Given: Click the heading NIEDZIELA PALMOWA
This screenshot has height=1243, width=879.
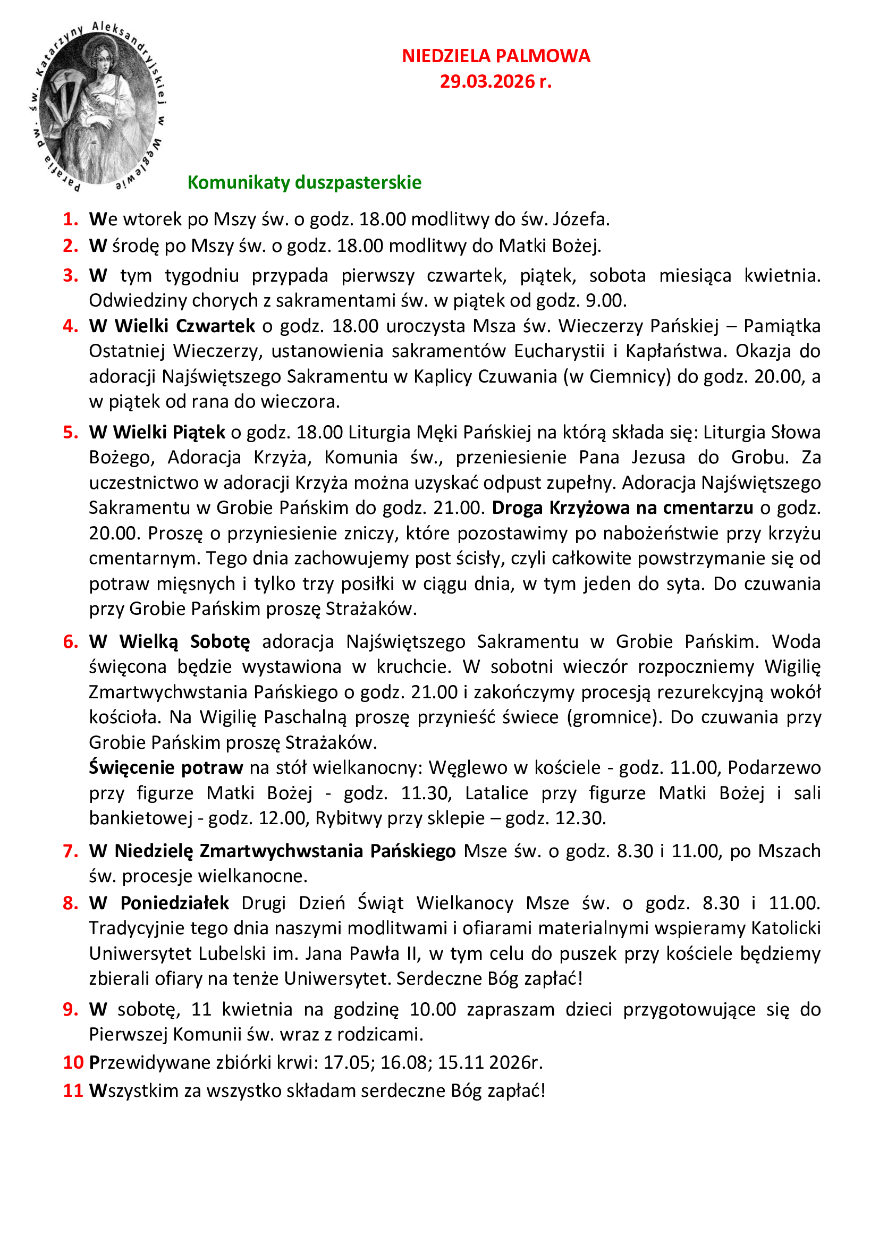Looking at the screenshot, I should point(495,56).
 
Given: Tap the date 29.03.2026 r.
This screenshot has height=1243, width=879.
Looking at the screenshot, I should point(495,82).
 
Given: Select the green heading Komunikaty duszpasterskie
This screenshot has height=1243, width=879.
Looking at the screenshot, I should point(304,182).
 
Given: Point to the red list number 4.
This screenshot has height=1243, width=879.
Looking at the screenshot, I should point(70,326).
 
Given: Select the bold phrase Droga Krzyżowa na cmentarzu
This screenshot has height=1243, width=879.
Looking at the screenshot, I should point(622,508).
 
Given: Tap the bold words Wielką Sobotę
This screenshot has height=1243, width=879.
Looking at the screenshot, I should point(184,641).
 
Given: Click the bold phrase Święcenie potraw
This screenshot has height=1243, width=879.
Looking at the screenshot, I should point(166,768).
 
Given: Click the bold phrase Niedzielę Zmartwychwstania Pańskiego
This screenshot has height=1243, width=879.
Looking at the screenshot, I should point(285,851).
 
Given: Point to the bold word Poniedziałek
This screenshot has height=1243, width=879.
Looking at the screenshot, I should point(174,903).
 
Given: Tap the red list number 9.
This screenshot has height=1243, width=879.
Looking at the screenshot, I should point(70,1009).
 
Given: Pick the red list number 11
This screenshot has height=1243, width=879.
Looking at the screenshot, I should point(73,1090).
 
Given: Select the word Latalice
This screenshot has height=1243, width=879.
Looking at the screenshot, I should point(496,793).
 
